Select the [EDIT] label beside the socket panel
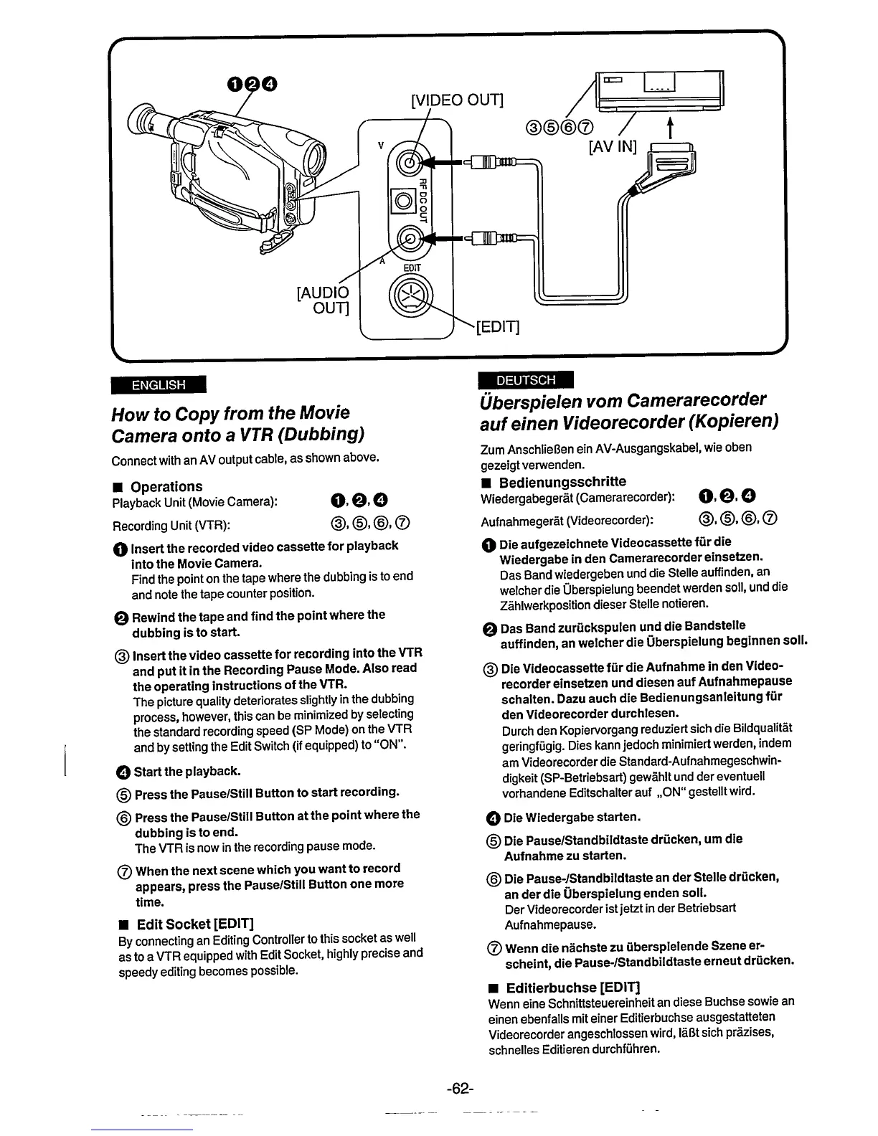[497, 327]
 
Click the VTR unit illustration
[660, 89]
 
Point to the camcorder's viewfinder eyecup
[141, 121]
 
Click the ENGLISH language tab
[158, 384]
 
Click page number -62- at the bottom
[460, 1088]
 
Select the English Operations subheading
[166, 486]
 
